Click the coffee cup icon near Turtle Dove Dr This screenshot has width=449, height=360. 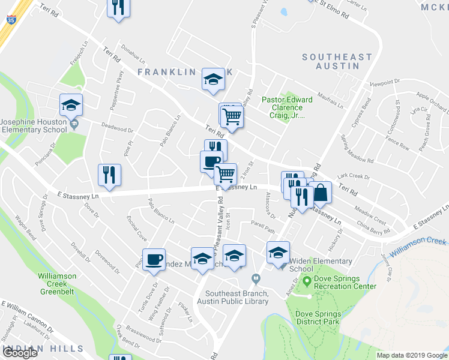(154, 259)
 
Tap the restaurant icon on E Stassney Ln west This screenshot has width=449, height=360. (110, 175)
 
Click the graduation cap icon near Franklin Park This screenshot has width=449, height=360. (212, 80)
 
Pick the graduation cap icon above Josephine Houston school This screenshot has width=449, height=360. (71, 104)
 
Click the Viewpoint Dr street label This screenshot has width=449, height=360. (385, 82)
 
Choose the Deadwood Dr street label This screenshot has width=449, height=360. (116, 128)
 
